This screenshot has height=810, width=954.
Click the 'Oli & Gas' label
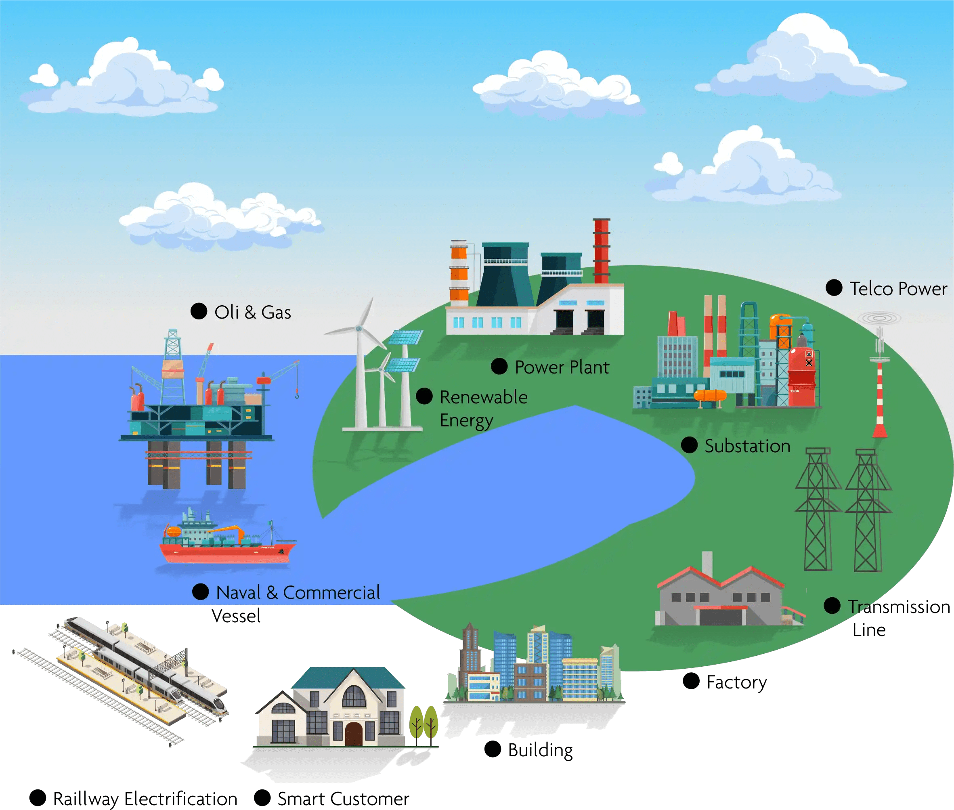coord(252,312)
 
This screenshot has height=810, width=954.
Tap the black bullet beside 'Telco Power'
coord(834,288)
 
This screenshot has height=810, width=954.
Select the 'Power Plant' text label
coord(562,367)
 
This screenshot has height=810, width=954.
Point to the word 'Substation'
coord(747,446)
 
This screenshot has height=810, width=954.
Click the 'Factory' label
coord(736,682)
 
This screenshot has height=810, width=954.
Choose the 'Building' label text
coord(540,750)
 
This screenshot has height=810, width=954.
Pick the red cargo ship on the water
coord(227,551)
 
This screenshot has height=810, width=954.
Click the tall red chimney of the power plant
coord(602,250)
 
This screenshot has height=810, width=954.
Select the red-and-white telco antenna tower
coord(880,390)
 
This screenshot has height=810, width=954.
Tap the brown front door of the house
coord(354,734)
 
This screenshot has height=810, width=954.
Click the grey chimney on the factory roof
coord(707,563)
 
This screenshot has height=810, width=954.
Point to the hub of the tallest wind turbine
coord(359,329)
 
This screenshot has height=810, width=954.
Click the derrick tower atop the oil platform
coord(173,349)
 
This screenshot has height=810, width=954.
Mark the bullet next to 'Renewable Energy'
coord(424,396)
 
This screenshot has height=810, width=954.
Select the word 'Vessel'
coord(236,616)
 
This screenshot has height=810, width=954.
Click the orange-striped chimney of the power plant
coord(459,273)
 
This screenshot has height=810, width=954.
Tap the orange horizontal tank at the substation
coord(710,395)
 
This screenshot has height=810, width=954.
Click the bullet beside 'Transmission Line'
coord(832,606)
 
